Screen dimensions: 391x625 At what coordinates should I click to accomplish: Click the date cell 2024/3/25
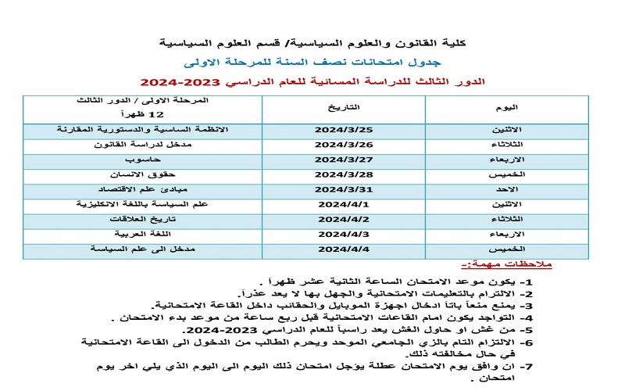tap(344, 129)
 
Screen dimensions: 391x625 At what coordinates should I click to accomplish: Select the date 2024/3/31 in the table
tap(344, 188)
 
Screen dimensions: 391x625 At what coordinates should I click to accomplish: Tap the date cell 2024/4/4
tap(344, 249)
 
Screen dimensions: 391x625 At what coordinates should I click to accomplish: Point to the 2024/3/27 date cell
tap(344, 159)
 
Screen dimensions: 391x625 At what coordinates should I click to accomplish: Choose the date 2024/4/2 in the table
tap(344, 219)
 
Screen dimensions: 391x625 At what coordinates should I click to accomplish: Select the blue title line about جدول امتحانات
tap(312, 61)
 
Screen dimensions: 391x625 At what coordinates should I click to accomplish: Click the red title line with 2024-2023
tap(312, 82)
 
